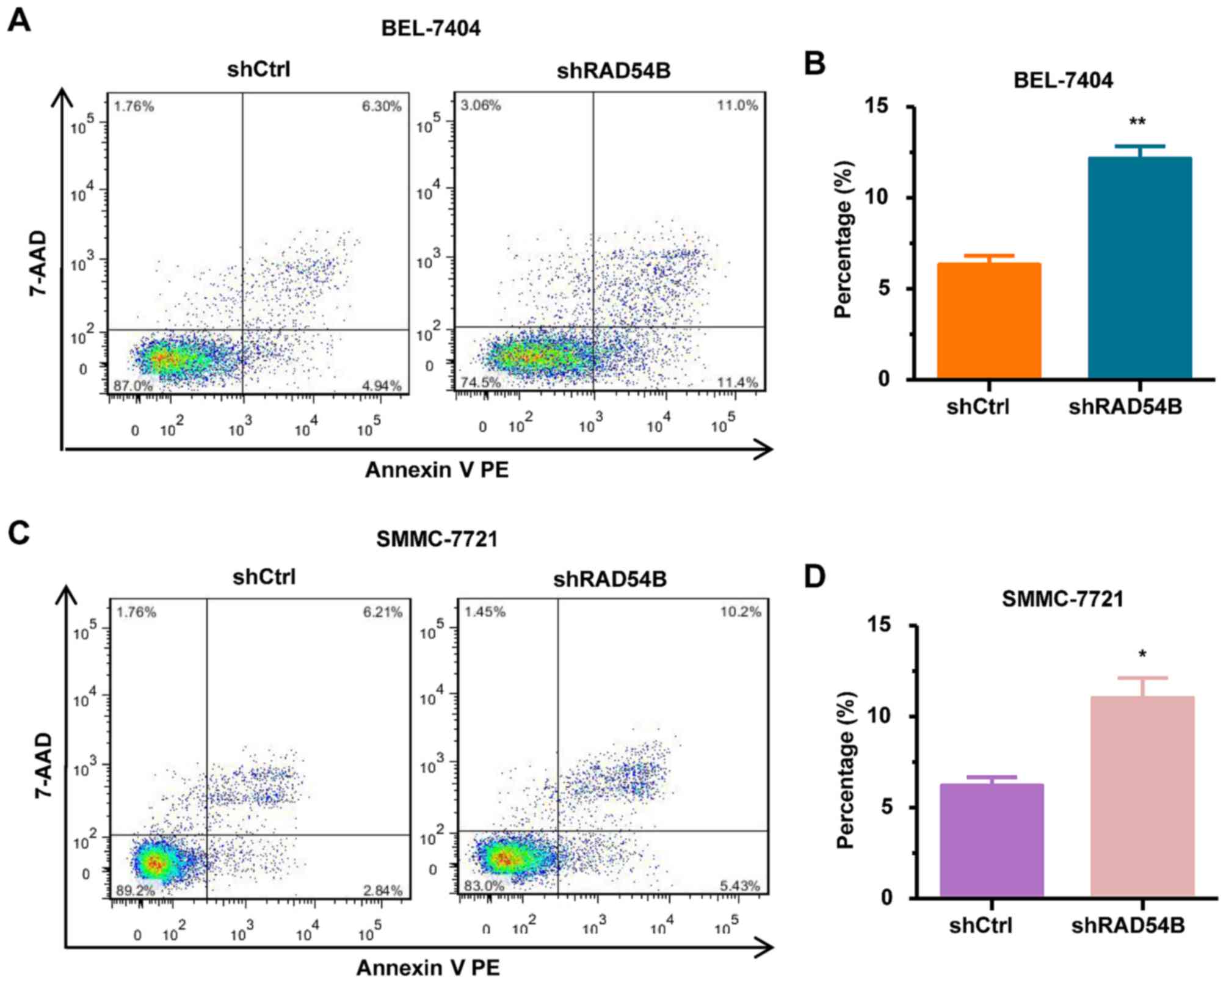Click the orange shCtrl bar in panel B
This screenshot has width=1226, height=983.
(x=988, y=321)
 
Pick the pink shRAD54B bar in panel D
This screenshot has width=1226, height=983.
(x=1142, y=796)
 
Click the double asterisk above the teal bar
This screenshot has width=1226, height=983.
(x=1137, y=122)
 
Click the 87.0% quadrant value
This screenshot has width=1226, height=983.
(x=133, y=386)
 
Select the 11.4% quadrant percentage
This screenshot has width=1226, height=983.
(x=738, y=383)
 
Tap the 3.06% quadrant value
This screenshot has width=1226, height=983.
(x=481, y=106)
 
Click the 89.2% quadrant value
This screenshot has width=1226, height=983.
(x=136, y=890)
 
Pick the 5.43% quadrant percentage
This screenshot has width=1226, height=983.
(x=739, y=885)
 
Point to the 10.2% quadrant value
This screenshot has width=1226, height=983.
(x=741, y=612)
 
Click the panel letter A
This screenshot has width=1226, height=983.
(x=19, y=22)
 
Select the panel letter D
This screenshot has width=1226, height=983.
(x=814, y=576)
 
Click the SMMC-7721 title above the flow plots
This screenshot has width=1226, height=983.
(x=437, y=539)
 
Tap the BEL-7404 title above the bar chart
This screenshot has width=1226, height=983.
(x=1063, y=80)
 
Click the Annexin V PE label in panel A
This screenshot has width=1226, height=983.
(x=437, y=470)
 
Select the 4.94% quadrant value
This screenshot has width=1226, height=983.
(x=382, y=386)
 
